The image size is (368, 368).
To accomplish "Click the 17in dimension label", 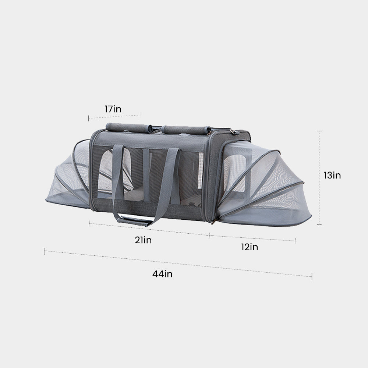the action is (x=113, y=109).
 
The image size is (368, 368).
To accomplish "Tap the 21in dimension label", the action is (x=143, y=240).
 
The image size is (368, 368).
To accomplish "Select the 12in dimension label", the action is (x=250, y=247).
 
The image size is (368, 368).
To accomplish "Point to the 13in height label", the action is (x=332, y=175).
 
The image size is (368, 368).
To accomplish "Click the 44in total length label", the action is (x=162, y=274).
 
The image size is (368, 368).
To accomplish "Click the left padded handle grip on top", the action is (x=129, y=128).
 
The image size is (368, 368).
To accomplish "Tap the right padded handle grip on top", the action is (x=186, y=130).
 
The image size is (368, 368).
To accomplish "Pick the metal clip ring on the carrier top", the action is (x=233, y=132).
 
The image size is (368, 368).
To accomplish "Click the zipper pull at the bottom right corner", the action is (x=213, y=222).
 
